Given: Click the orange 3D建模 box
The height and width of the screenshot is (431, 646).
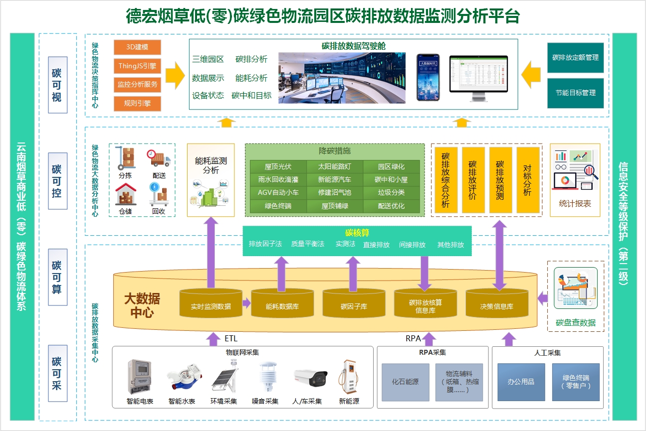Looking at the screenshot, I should (x=137, y=47).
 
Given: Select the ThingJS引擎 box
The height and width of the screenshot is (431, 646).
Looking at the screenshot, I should (x=137, y=65).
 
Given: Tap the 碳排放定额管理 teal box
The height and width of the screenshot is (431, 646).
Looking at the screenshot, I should (x=575, y=58).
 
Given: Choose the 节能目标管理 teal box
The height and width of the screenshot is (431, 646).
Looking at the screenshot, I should (x=575, y=93).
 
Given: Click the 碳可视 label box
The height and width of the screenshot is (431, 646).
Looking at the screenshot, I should (x=57, y=85).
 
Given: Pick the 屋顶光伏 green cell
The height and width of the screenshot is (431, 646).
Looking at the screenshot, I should (x=278, y=166).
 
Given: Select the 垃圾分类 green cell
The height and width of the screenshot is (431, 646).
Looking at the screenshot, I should (x=391, y=192).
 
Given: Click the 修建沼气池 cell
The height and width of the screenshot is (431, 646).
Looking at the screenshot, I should (x=334, y=192).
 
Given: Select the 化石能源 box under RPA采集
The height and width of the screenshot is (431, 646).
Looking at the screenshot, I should (x=405, y=382).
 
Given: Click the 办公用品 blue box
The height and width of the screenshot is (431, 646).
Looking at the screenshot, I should (x=521, y=382).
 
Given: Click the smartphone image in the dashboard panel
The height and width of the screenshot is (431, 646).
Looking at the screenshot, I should (x=428, y=77).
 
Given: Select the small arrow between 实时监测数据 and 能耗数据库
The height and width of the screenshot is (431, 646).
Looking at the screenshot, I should (x=246, y=303).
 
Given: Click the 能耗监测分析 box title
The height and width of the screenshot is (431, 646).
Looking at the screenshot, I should (x=211, y=165).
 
